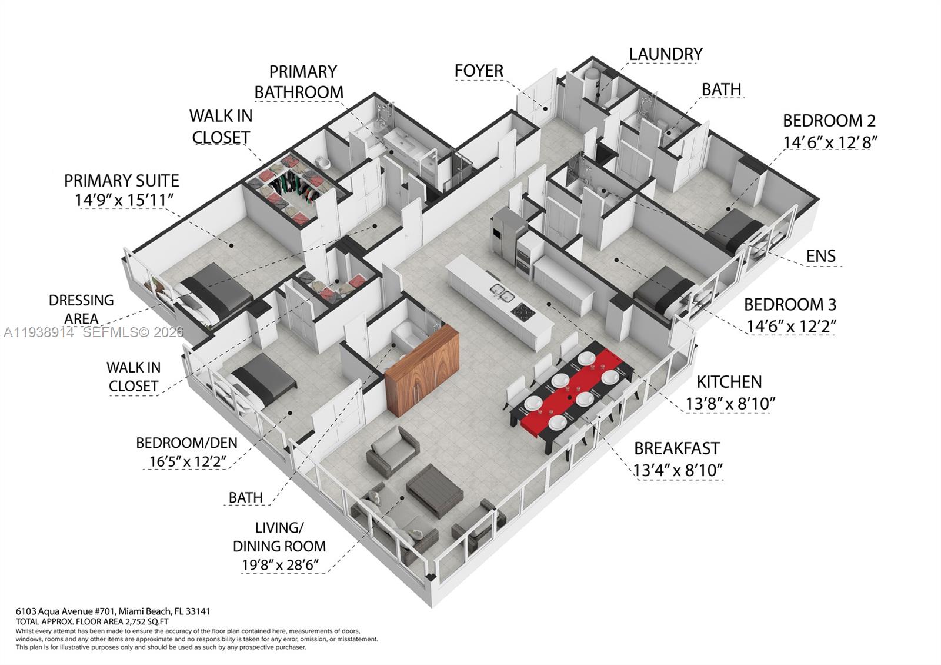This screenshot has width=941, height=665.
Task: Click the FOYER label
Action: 479,71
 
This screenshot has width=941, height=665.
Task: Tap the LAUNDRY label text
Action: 666,54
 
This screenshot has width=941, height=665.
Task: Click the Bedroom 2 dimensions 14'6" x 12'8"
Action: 830,142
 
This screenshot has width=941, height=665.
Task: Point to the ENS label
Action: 820,256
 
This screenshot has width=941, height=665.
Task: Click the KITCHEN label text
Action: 729,382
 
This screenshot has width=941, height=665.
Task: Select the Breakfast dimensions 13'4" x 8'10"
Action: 678,470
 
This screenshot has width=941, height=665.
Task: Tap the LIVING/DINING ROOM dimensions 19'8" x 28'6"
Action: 280,566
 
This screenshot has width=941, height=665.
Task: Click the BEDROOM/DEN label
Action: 186,443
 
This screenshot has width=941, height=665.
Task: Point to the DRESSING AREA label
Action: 81,310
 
